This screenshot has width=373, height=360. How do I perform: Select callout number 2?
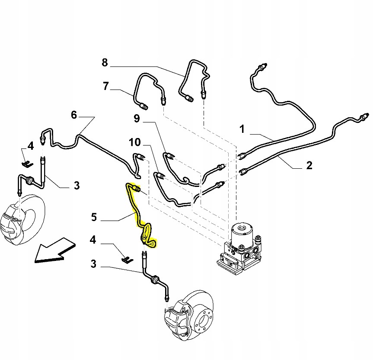(309, 164)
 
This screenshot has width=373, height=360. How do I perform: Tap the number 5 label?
(94, 216)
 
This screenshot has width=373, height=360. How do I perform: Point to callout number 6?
(74, 115)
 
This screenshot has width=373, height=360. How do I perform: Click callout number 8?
(105, 63)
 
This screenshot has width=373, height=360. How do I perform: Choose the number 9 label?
(137, 118)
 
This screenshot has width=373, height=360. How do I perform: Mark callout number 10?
(135, 142)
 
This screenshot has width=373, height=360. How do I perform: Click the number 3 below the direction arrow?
(94, 263)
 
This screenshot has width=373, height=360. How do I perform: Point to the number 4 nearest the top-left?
(30, 146)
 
